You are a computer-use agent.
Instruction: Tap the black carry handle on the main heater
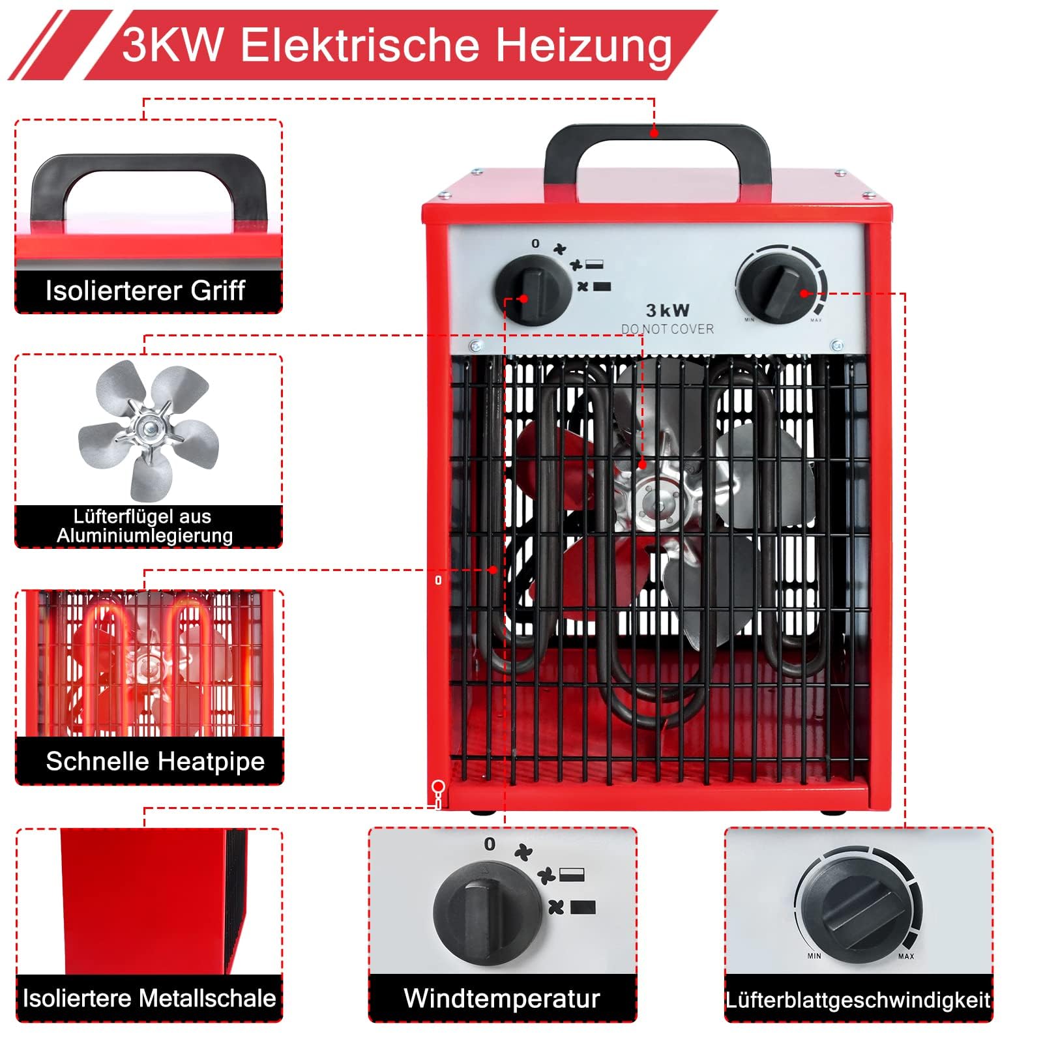(657, 136)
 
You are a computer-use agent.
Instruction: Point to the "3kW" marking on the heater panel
(668, 310)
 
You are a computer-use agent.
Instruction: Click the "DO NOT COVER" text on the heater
(668, 329)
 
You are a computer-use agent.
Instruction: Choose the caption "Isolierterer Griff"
(145, 291)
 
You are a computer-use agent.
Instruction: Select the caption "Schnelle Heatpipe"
(155, 761)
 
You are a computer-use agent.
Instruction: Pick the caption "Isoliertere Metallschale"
(149, 998)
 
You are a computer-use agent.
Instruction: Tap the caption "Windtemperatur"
(502, 998)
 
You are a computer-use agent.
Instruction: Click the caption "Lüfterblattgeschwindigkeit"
(859, 1000)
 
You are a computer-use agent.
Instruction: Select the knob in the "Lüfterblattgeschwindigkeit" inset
(854, 909)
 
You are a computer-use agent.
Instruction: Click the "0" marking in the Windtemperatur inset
(490, 844)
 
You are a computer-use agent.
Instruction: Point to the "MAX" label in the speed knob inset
(906, 956)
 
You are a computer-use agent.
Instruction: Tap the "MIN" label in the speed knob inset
(814, 956)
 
